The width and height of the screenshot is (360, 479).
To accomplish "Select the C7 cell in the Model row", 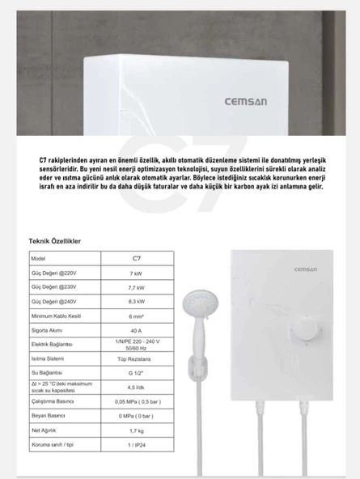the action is [x=135, y=257].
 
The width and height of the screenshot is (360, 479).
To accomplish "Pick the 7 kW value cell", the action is [x=135, y=273].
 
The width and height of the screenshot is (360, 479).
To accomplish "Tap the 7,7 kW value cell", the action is [x=135, y=287].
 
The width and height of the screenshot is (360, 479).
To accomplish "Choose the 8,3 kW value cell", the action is [x=135, y=302].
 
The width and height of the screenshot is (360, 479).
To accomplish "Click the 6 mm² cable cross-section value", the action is [x=135, y=317].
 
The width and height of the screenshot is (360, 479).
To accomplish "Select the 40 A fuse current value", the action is [x=135, y=332].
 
